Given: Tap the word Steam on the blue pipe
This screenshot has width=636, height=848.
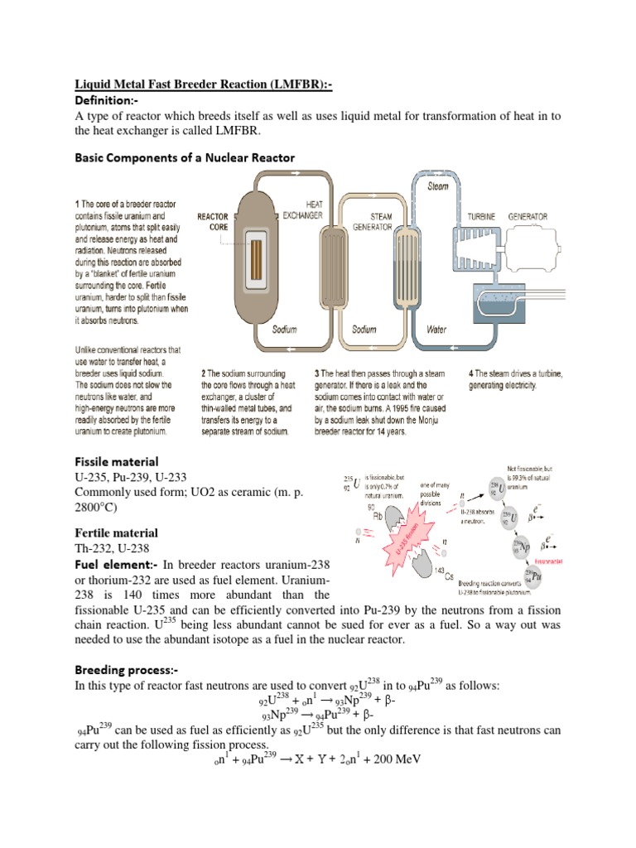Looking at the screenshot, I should click(x=437, y=187).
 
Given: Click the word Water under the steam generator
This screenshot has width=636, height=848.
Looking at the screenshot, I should click(x=436, y=329).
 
